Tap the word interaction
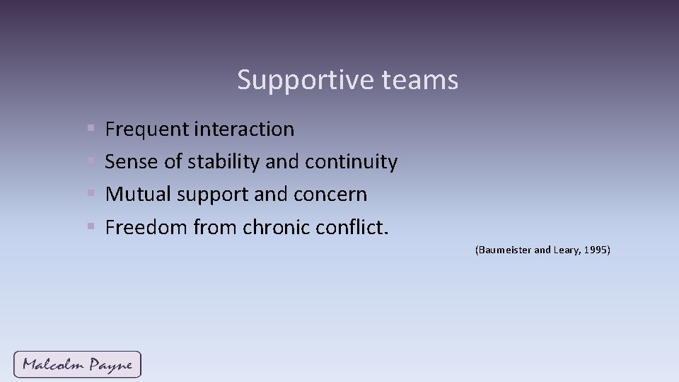[244, 129]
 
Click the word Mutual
[137, 195]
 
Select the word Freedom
[146, 227]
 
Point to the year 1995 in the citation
[596, 250]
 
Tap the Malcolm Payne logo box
[77, 364]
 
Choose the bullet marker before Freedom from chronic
[91, 227]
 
